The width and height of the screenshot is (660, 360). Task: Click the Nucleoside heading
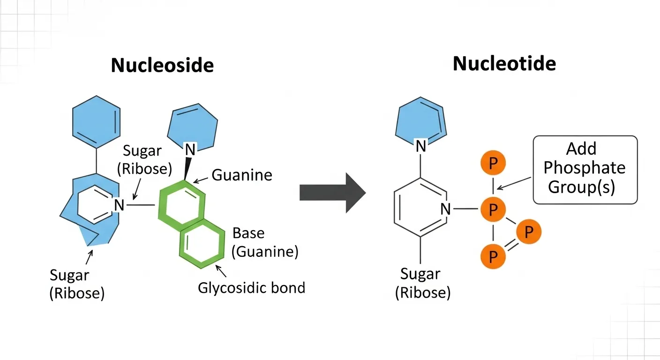(162, 65)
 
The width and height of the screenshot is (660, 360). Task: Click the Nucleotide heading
(504, 63)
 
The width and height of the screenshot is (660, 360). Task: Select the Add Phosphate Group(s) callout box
(586, 170)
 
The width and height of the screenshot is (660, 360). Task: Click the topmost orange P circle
(493, 164)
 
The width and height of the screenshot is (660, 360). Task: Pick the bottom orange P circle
(493, 256)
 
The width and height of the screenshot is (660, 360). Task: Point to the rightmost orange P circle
(529, 232)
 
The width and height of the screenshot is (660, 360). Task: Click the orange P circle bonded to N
(493, 209)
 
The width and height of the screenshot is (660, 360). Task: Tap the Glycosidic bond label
(251, 287)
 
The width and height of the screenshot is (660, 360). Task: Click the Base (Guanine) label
(265, 242)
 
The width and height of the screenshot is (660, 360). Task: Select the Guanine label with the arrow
(242, 175)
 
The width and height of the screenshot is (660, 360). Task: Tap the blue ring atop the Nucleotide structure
(420, 122)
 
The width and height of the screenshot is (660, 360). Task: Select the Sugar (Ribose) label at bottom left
(77, 284)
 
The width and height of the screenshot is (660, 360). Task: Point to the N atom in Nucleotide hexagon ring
(445, 209)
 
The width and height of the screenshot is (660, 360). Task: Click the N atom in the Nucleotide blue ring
(421, 146)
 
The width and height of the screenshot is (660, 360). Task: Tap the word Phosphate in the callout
(584, 167)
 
